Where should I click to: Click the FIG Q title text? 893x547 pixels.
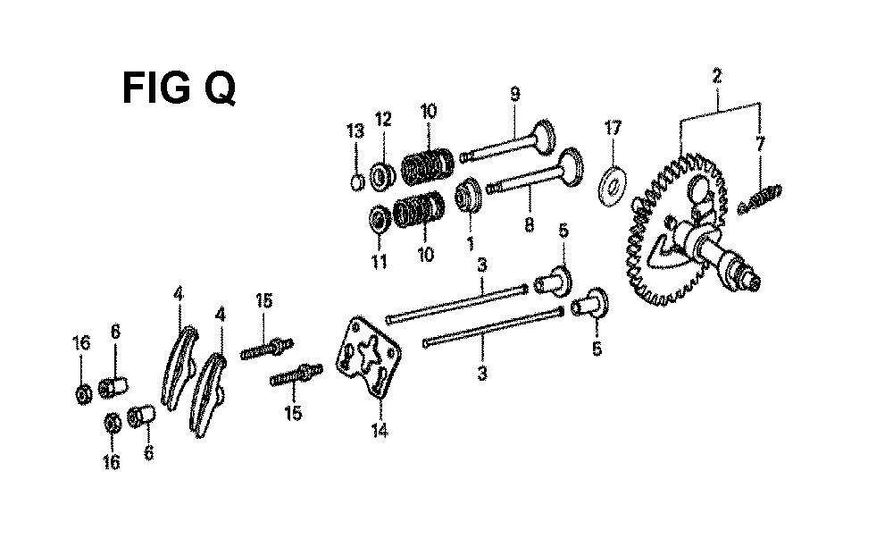click(179, 88)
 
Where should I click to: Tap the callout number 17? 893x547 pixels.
click(613, 128)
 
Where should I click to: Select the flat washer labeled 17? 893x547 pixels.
click(613, 186)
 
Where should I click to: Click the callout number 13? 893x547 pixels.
click(355, 132)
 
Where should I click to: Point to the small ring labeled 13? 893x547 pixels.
click(356, 183)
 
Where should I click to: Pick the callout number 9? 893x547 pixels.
click(515, 94)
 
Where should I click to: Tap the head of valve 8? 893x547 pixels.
click(571, 166)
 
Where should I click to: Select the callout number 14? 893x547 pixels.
click(380, 431)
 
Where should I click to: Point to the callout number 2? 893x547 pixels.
click(716, 76)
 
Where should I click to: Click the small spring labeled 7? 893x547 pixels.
click(760, 198)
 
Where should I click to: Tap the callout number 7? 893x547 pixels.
click(760, 144)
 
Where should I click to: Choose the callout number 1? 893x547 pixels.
click(471, 243)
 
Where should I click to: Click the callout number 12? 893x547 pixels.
click(383, 120)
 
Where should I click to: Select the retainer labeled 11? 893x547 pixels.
click(379, 219)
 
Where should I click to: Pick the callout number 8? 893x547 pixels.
click(529, 224)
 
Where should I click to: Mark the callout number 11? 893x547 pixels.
click(380, 262)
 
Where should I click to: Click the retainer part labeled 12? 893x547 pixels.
click(382, 176)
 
